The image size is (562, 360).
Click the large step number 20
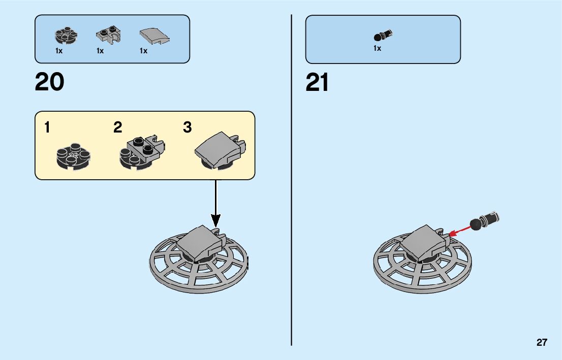tap(49, 82)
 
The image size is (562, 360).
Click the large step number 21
tap(317, 82)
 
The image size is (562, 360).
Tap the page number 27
tap(542, 342)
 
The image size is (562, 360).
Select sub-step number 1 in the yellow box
tap(47, 128)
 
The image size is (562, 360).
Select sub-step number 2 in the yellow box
tap(118, 128)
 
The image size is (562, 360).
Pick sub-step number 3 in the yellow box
tap(188, 128)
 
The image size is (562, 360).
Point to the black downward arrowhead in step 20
tap(216, 220)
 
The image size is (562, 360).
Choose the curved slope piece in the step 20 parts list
tap(154, 37)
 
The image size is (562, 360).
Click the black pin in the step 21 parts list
tap(383, 36)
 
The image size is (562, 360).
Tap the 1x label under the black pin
tap(377, 49)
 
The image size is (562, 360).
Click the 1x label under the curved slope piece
tap(144, 51)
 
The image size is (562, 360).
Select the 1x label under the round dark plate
tap(59, 51)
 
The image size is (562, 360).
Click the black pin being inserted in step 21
tap(485, 220)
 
